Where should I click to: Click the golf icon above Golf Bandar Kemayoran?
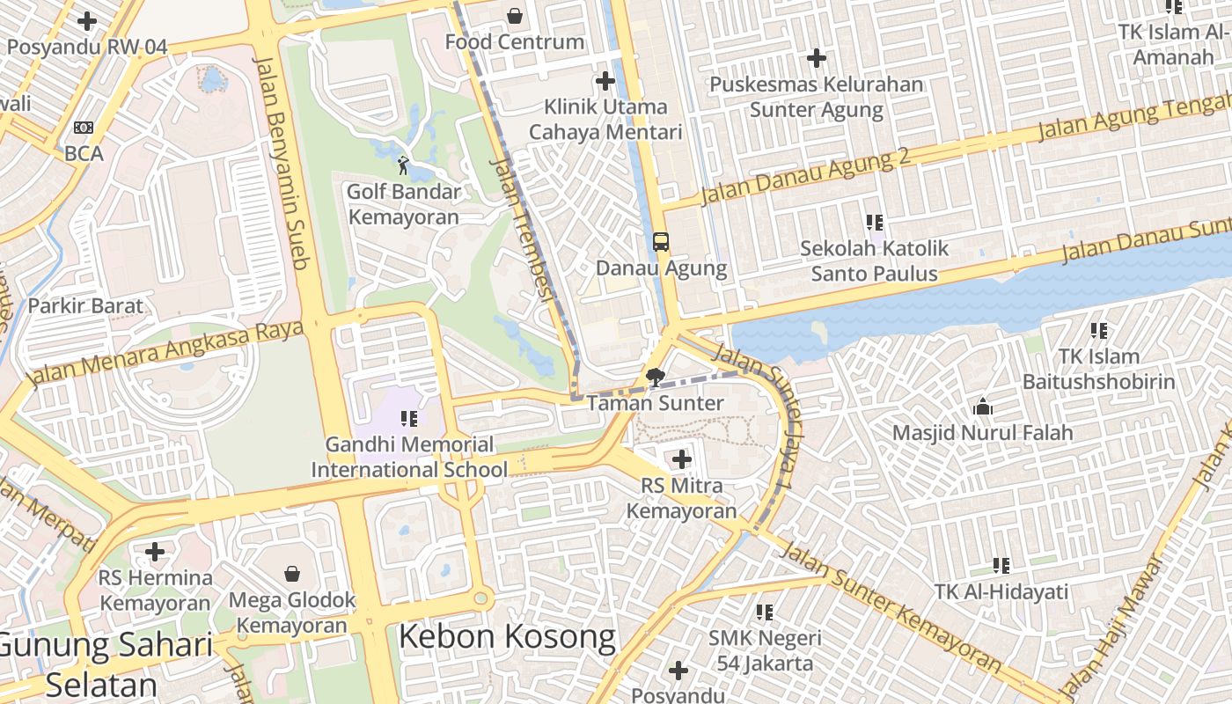(x=403, y=165)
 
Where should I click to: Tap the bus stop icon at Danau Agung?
(x=660, y=241)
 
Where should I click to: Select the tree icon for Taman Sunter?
(x=655, y=378)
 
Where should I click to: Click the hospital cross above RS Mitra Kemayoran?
(x=681, y=458)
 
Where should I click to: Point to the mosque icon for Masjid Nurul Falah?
(x=982, y=407)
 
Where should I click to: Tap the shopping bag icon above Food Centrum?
(x=515, y=16)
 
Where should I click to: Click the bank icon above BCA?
(x=84, y=128)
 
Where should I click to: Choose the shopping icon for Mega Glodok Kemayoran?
(x=292, y=574)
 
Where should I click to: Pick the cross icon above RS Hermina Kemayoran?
(x=155, y=552)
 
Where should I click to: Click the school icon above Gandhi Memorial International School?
(x=409, y=418)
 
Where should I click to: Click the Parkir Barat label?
(x=85, y=306)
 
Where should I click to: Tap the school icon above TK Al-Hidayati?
(x=1001, y=565)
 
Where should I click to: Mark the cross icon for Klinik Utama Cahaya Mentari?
(x=605, y=81)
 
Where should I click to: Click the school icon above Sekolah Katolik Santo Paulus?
(x=874, y=222)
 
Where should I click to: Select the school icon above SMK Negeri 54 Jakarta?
(x=764, y=612)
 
